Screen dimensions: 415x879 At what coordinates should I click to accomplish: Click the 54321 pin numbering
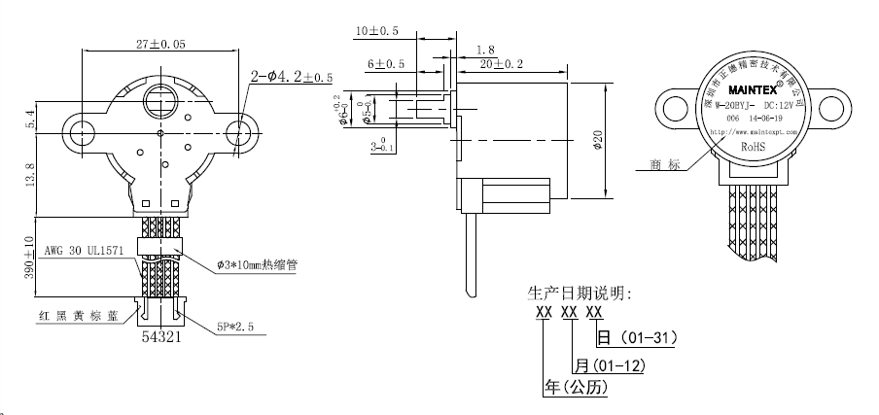tap(161, 336)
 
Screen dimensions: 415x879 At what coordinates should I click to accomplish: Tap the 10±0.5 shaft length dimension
tap(377, 31)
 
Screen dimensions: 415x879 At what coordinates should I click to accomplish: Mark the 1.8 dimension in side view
tap(486, 48)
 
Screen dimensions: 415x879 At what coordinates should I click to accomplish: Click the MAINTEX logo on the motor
tap(756, 84)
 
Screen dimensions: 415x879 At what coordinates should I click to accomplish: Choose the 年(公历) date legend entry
tap(577, 389)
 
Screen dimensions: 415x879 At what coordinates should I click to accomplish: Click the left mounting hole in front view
tap(81, 131)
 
